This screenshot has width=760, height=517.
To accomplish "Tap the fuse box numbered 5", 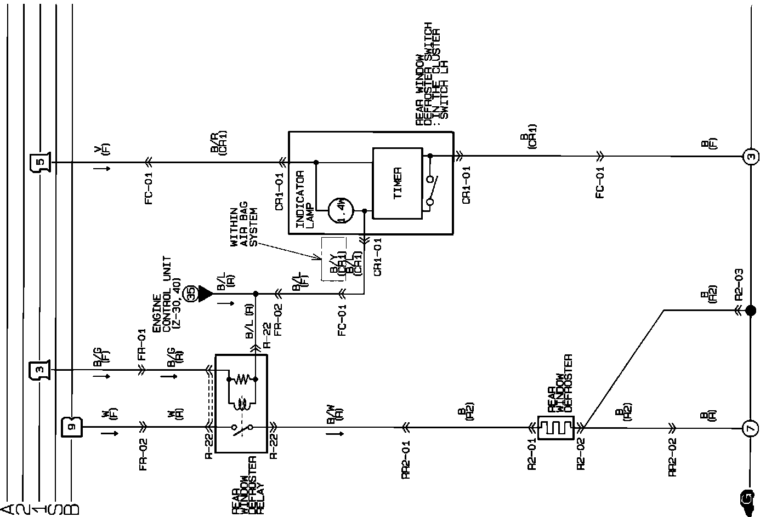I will [x=39, y=163].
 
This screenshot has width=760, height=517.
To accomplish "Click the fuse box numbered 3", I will [x=39, y=370].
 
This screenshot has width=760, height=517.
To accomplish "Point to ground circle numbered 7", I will [x=749, y=428].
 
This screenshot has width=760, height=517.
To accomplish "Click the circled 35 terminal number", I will [x=191, y=294].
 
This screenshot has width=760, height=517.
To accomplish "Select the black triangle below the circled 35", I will [x=205, y=294].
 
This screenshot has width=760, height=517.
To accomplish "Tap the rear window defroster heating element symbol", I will [x=555, y=428].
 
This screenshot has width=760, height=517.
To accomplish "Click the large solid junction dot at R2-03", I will [x=750, y=311].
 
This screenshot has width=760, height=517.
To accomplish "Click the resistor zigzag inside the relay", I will [x=242, y=378].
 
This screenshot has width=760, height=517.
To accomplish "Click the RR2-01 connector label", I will [x=406, y=459].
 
